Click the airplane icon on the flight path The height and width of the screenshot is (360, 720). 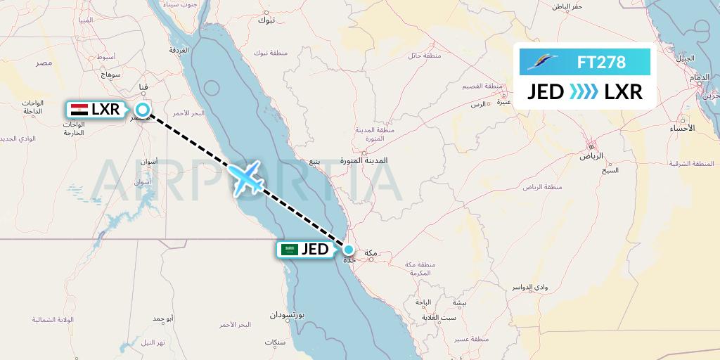(245, 177)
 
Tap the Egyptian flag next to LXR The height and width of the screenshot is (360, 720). (80, 110)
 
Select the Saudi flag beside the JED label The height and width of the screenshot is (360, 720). (289, 250)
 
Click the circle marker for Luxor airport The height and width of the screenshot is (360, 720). (143, 110)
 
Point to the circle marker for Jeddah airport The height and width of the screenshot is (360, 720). (348, 249)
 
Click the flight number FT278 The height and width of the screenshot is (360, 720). (601, 63)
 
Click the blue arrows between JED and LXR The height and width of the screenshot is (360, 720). (584, 91)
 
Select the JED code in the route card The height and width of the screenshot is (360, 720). (546, 91)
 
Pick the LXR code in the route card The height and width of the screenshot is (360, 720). (624, 91)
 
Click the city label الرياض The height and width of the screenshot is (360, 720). (591, 155)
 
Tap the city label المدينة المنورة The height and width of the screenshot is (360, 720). (364, 160)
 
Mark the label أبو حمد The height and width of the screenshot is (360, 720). (162, 319)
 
